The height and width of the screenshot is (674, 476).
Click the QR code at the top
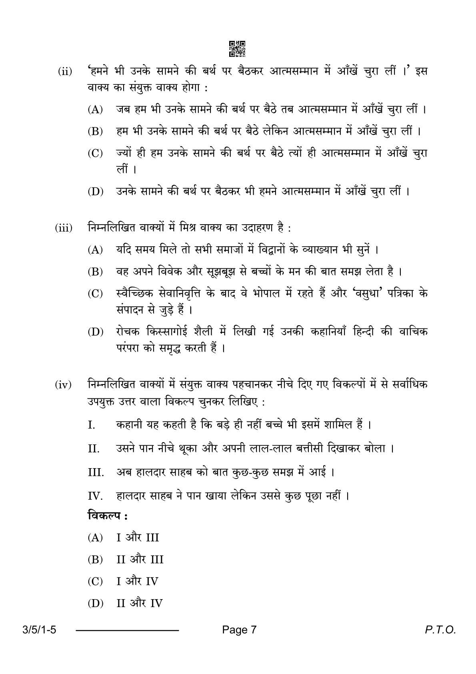(x=237, y=48)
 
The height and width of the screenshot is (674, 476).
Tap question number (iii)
(x=64, y=229)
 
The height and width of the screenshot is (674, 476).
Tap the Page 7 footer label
(x=239, y=630)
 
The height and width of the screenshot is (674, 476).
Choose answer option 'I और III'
(x=138, y=537)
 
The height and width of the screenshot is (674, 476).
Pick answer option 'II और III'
(x=140, y=559)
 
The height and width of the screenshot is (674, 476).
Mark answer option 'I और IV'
(x=137, y=581)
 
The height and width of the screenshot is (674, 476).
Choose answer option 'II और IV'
(x=139, y=604)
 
